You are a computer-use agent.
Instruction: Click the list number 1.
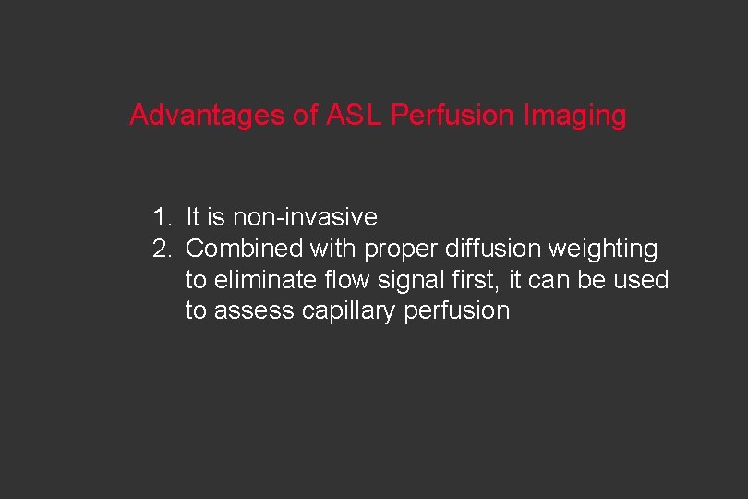point(161,218)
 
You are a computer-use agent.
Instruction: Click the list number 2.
point(161,249)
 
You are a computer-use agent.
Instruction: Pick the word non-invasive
point(305,218)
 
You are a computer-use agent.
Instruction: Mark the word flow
point(340,279)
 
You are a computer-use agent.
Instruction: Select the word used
point(642,280)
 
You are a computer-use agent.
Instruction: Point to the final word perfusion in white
point(456,311)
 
